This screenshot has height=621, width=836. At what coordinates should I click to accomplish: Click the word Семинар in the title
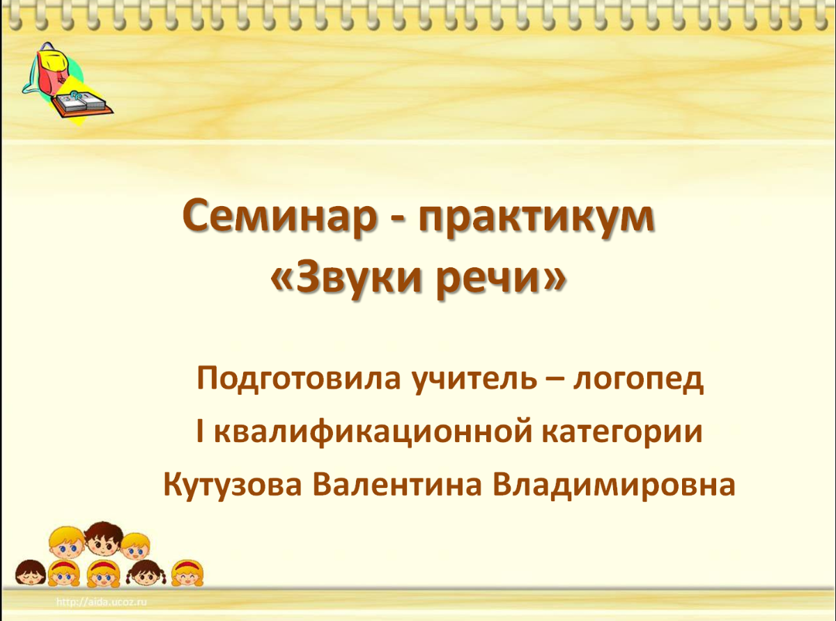[x=279, y=218]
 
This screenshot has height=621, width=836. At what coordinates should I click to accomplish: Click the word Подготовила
[x=297, y=379]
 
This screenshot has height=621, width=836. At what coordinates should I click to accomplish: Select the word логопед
[x=637, y=381]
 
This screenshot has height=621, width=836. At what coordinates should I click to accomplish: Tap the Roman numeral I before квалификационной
[x=200, y=432]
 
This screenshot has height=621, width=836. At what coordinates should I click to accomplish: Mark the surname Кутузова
[x=233, y=486]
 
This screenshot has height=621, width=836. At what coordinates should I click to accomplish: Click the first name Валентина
[x=397, y=485]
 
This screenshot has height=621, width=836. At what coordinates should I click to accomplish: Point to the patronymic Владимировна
[x=614, y=485]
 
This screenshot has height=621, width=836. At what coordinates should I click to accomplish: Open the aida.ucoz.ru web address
[x=102, y=602]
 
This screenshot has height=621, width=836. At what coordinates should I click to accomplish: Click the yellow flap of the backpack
[x=54, y=61]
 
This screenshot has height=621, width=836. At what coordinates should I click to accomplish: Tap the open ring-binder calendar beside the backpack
[x=82, y=102]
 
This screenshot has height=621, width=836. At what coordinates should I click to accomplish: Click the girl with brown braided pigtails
[x=146, y=574]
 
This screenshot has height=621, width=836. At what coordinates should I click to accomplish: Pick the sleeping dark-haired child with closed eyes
[x=31, y=573]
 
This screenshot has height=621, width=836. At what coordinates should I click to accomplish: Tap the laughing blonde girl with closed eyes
[x=187, y=573]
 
